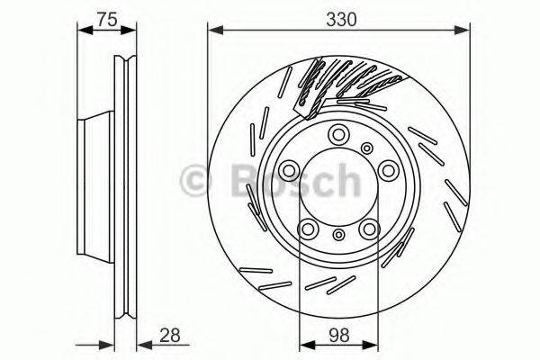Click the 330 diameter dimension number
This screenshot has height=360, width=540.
[x=338, y=17]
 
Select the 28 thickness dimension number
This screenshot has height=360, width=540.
[x=170, y=334]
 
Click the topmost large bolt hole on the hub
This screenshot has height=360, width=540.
[x=338, y=135]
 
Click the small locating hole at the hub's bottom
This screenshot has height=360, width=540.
[x=338, y=235]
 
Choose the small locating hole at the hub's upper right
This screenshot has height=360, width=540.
[x=367, y=148]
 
